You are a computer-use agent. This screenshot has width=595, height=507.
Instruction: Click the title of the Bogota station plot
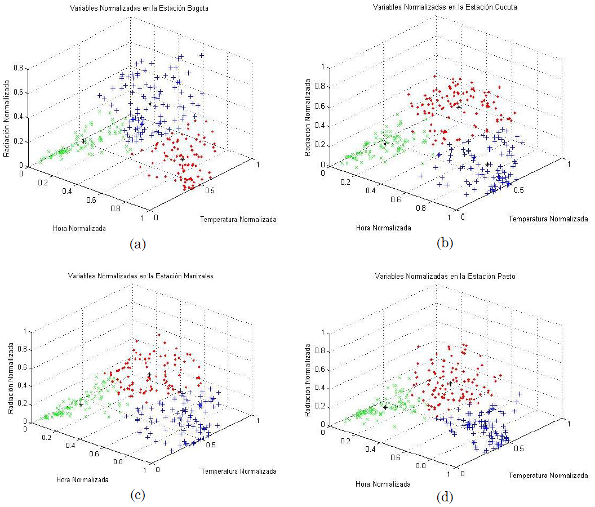[139, 9]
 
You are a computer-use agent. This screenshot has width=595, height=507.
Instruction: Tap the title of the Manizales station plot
[140, 276]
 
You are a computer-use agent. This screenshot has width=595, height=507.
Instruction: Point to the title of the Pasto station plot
[437, 277]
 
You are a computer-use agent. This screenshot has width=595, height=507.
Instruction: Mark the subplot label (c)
[138, 495]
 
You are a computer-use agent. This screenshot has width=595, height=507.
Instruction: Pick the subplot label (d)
[445, 497]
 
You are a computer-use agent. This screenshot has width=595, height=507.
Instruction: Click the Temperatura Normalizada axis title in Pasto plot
[548, 475]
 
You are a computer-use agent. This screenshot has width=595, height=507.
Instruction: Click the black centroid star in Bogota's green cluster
[83, 141]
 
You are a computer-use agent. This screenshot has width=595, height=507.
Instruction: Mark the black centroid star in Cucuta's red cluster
[459, 107]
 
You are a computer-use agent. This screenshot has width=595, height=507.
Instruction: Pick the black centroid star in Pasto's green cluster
[385, 407]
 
